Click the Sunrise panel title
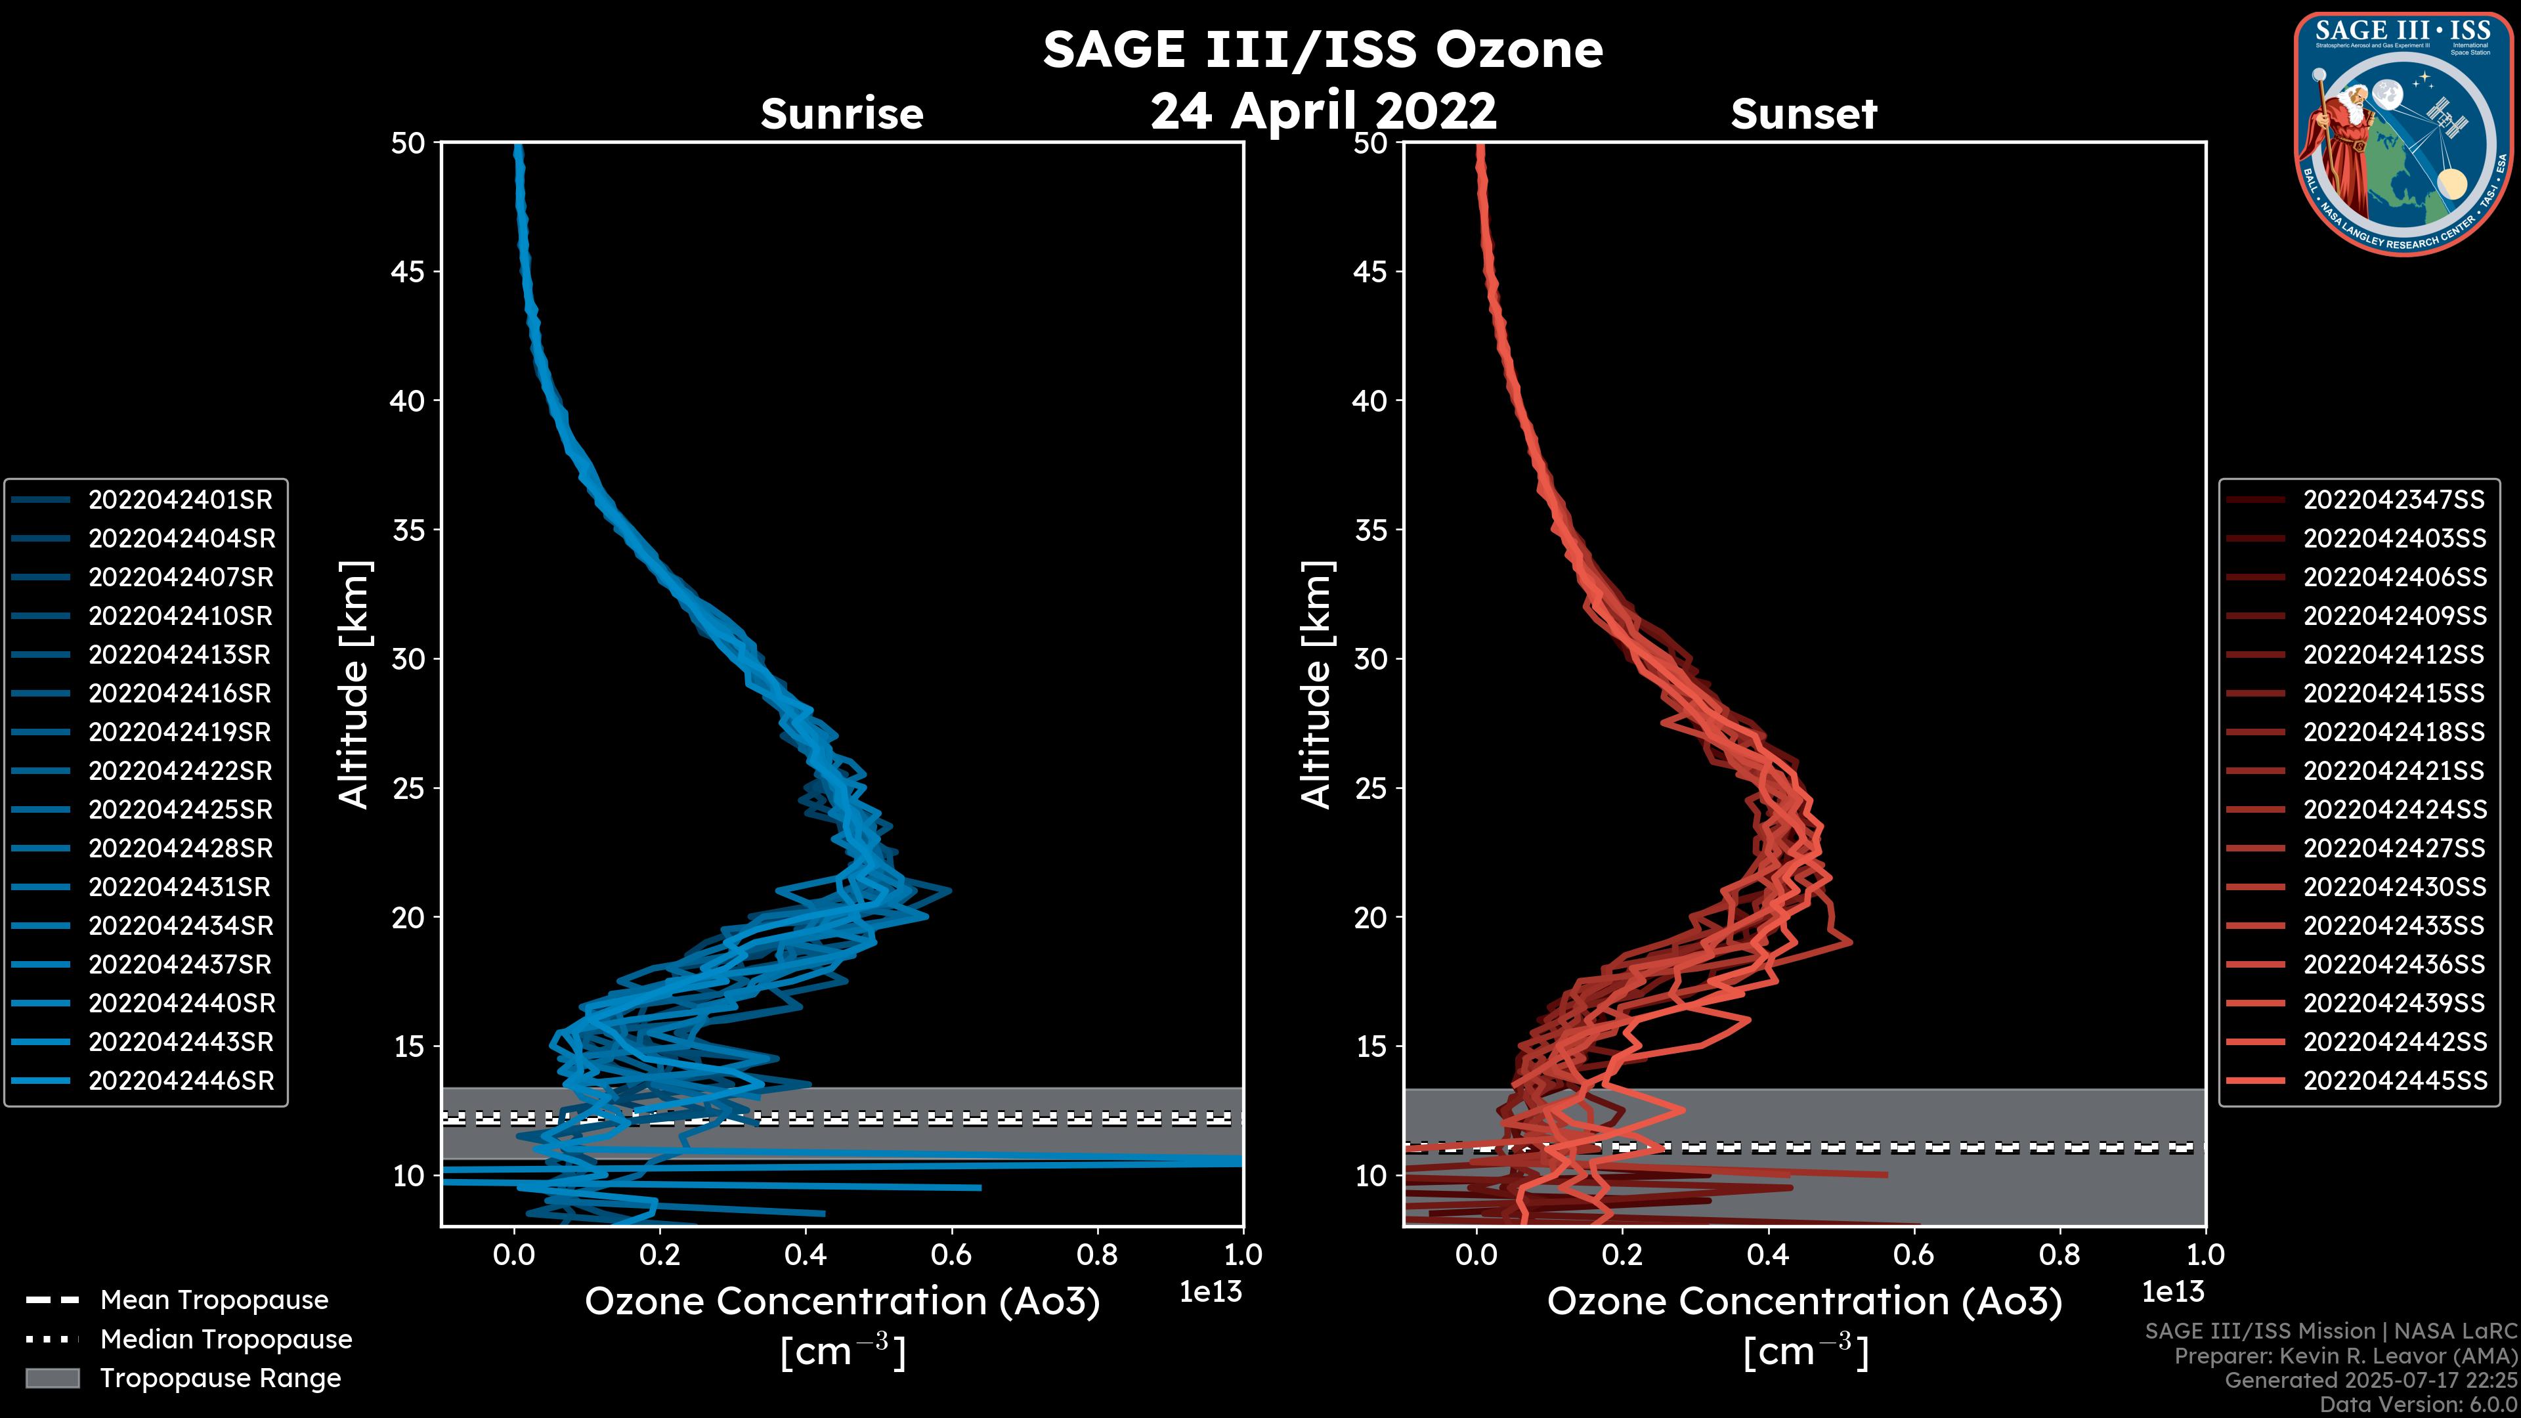pyautogui.click(x=842, y=114)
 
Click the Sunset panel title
pyautogui.click(x=1803, y=114)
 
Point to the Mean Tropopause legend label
pyautogui.click(x=214, y=1300)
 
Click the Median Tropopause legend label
pyautogui.click(x=226, y=1340)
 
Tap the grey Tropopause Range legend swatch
pyautogui.click(x=52, y=1379)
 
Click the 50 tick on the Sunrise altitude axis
pyautogui.click(x=408, y=144)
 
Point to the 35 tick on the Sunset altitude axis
pyautogui.click(x=1370, y=530)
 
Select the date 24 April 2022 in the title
pyautogui.click(x=1323, y=110)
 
